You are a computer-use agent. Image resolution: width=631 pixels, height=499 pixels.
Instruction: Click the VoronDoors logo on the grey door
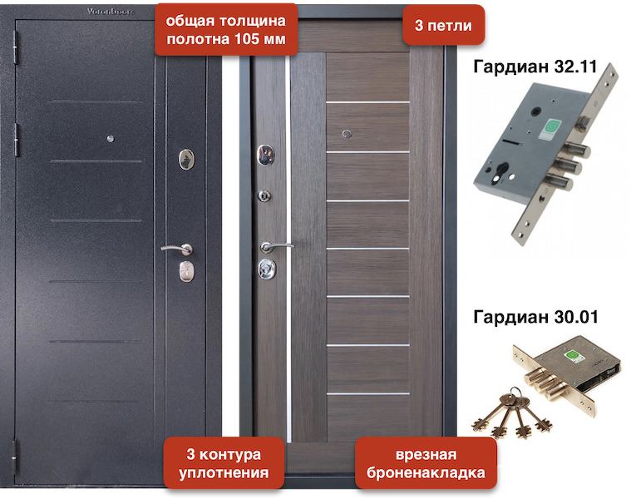(x=111, y=12)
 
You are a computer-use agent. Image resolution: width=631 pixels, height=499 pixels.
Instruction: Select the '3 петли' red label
(x=443, y=25)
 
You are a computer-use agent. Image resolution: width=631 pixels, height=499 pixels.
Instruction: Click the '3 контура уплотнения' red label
(x=224, y=463)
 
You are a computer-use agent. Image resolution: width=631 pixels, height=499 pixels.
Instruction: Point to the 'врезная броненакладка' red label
(x=426, y=463)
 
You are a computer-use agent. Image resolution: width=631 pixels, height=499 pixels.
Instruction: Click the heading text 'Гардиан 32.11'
(x=535, y=67)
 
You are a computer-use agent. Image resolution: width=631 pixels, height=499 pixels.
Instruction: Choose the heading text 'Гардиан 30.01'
(x=535, y=317)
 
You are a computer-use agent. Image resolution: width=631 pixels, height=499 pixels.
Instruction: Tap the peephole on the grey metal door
(x=111, y=139)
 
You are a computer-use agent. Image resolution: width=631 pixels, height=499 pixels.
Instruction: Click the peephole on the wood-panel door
(x=347, y=134)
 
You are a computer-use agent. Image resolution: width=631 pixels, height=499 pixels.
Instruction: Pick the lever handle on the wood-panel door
(x=275, y=246)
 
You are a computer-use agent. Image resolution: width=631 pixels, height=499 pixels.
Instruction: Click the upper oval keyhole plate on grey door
(x=186, y=159)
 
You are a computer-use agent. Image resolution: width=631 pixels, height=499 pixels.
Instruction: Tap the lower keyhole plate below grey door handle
(x=187, y=271)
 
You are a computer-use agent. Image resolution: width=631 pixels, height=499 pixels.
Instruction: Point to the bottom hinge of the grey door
(x=15, y=457)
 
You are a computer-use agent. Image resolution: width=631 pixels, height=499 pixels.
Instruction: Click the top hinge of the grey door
(x=16, y=48)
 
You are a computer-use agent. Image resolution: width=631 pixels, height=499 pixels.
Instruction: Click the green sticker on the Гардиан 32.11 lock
(x=549, y=129)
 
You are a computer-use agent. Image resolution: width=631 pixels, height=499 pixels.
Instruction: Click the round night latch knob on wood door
(x=264, y=195)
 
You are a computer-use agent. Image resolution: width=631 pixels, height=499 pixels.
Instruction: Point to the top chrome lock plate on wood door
(x=266, y=155)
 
